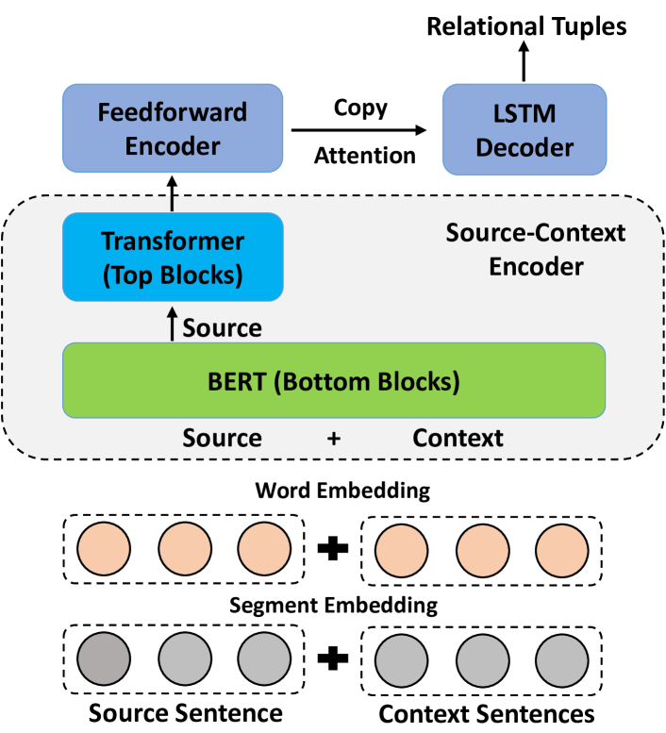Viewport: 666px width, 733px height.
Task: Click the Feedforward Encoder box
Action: point(173,128)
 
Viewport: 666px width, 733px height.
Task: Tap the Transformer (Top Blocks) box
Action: point(173,257)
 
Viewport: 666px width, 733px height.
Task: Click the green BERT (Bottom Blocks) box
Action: point(333,381)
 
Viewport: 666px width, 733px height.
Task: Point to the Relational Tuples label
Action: point(525,25)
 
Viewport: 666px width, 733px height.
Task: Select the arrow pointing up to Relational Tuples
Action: point(525,63)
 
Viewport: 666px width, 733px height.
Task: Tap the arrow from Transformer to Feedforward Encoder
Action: point(173,193)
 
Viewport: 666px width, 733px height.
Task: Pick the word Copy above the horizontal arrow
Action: point(361,108)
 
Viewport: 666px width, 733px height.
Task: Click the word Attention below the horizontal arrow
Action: point(364,155)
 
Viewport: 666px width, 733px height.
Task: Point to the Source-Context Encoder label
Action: point(534,248)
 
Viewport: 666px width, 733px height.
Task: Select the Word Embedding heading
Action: point(342,491)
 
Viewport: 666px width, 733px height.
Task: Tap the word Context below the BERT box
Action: point(458,439)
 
